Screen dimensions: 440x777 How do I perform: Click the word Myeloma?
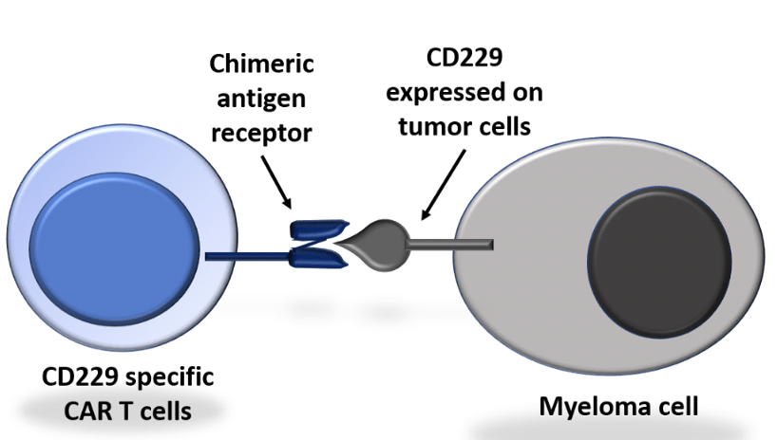tap(587, 407)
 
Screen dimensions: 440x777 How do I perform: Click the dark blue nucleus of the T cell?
tap(113, 238)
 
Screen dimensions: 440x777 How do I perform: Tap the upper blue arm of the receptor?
tap(315, 230)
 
